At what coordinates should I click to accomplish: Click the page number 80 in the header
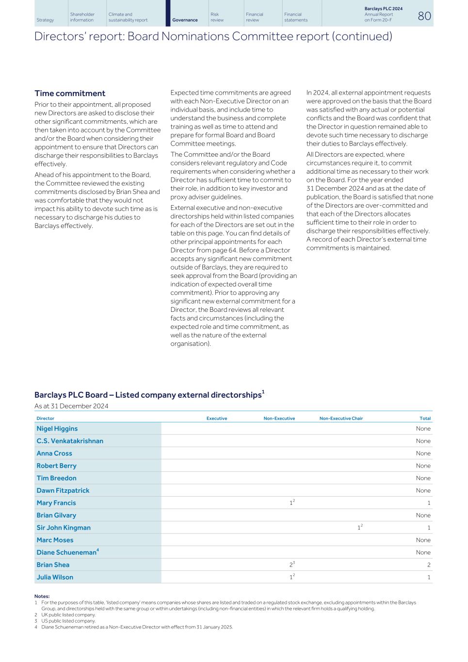point(424,16)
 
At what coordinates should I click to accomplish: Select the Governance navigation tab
point(185,20)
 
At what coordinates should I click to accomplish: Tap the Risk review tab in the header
point(217,17)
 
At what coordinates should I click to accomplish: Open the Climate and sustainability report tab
point(128,17)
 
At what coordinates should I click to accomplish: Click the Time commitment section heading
point(70,94)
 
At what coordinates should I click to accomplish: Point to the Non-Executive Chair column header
point(341,419)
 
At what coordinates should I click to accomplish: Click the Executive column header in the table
point(217,419)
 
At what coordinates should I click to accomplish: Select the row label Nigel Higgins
point(57,429)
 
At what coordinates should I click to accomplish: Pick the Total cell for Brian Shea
point(428,565)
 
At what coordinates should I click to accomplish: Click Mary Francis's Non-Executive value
point(292,503)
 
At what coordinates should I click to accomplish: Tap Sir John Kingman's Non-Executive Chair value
point(360,528)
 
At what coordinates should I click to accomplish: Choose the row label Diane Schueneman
point(66,552)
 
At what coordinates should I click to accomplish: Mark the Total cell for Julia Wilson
point(428,578)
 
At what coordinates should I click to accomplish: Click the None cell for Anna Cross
point(423,453)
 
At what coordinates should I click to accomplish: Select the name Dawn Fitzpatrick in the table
point(63,491)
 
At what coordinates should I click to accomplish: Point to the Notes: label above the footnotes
point(42,596)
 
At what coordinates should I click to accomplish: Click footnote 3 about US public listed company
point(68,621)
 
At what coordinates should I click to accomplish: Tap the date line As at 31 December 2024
point(71,406)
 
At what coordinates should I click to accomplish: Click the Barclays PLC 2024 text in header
point(383,9)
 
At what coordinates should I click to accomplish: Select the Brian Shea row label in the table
point(53,565)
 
